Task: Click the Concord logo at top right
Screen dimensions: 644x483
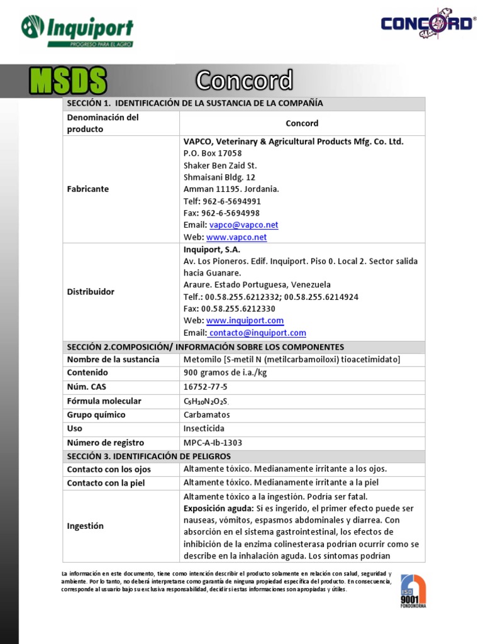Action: pos(428,24)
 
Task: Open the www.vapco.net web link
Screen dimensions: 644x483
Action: pos(236,237)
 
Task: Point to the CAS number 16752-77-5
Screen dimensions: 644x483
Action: pos(205,387)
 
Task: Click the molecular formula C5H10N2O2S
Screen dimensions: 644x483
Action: pos(206,401)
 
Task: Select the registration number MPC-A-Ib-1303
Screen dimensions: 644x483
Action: pos(213,443)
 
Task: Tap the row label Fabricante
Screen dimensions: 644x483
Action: pos(88,189)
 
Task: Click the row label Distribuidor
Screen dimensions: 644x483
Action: pos(91,292)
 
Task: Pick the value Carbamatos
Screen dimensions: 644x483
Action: pos(207,415)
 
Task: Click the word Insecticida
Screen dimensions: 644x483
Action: pos(204,429)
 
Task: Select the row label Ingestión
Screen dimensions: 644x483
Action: pos(86,526)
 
